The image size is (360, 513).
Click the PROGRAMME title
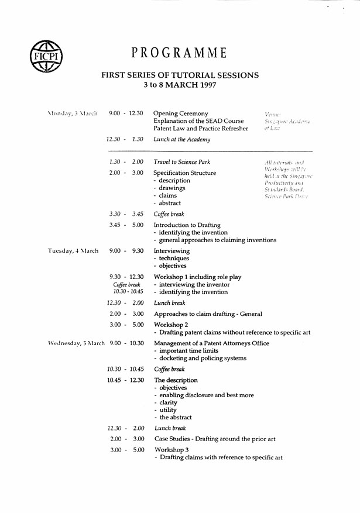point(179,53)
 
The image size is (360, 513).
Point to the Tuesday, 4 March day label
point(73,250)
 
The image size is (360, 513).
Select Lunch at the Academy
point(182,139)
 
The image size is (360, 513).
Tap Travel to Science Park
point(182,161)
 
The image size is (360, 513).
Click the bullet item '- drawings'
point(169,188)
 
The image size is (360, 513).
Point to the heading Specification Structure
point(184,173)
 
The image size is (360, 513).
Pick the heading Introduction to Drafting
point(187,225)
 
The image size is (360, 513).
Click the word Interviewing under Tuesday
point(171,250)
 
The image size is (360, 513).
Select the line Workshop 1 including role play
point(197,277)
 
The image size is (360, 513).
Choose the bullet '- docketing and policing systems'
point(200,358)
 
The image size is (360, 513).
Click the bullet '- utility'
point(167,410)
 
